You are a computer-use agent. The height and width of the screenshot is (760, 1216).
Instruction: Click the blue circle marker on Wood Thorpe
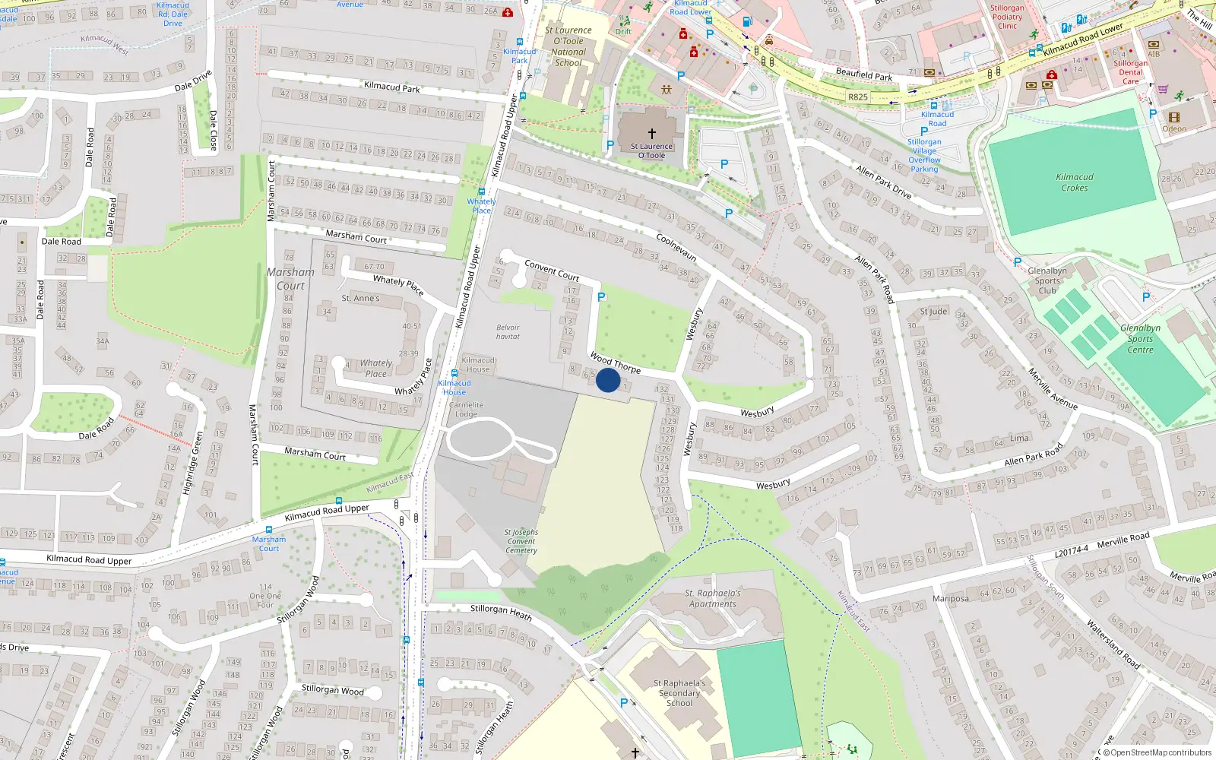pos(608,380)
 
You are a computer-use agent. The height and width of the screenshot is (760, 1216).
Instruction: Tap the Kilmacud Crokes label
pos(1075,182)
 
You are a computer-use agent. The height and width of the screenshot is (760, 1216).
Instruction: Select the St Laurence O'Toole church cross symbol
pos(651,133)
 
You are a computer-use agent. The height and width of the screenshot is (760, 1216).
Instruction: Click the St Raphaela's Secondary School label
pos(679,693)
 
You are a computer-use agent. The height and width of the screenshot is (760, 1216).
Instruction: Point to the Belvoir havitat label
pos(508,332)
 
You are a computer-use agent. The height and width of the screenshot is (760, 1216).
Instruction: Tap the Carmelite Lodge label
pos(466,410)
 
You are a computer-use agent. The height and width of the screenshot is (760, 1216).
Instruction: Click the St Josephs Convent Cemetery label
pos(521,541)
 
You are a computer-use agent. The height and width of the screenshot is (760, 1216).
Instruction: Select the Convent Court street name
pos(552,271)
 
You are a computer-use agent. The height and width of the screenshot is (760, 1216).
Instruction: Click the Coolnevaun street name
pos(676,247)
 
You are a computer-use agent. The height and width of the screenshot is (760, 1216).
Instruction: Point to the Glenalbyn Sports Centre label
pos(1140,339)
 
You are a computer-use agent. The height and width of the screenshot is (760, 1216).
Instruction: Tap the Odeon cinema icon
pos(1173,117)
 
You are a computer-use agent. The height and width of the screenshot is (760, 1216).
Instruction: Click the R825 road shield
pos(858,97)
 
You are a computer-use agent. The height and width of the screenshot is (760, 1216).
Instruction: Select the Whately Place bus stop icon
pos(481,192)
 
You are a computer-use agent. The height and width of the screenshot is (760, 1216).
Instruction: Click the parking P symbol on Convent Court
pos(601,297)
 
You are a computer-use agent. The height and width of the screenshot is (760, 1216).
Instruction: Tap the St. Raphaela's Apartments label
pos(713,599)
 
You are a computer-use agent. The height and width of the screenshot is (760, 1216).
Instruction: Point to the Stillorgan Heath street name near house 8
pos(500,611)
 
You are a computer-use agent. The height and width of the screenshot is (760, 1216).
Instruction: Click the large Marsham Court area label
pos(290,279)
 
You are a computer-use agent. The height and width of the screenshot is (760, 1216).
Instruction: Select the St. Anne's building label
pos(360,299)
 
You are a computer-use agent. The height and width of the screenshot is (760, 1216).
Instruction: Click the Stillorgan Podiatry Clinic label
pos(1007,17)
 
